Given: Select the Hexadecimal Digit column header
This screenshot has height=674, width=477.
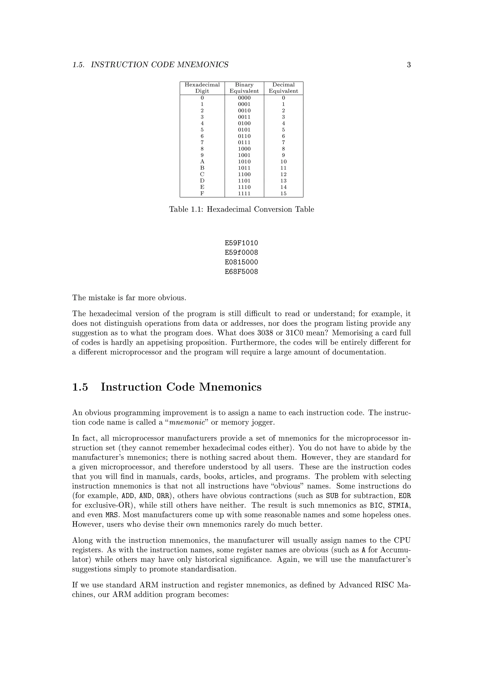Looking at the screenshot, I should [202, 88].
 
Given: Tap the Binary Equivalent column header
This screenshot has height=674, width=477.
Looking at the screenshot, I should [244, 88].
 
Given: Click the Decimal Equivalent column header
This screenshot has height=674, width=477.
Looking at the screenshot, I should [283, 88].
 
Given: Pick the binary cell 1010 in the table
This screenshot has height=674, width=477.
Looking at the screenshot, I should [244, 162].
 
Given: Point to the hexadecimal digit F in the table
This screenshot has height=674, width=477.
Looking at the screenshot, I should [202, 193].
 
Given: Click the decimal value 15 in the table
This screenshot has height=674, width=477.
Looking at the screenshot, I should [283, 193].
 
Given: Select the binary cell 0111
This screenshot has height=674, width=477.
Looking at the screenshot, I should [244, 143].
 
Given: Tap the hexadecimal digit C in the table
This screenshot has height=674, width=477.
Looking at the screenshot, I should [202, 174].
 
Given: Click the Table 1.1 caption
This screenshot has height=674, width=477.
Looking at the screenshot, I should [242, 209].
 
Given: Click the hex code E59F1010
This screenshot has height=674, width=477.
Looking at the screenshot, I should [242, 243].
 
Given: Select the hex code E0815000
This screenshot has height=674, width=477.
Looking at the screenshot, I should [242, 262].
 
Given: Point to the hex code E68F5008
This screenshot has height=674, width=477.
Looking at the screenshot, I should [242, 272].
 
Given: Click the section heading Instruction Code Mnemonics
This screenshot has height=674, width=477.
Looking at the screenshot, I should [181, 387].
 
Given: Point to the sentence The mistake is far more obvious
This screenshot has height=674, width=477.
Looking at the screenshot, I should [129, 298].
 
